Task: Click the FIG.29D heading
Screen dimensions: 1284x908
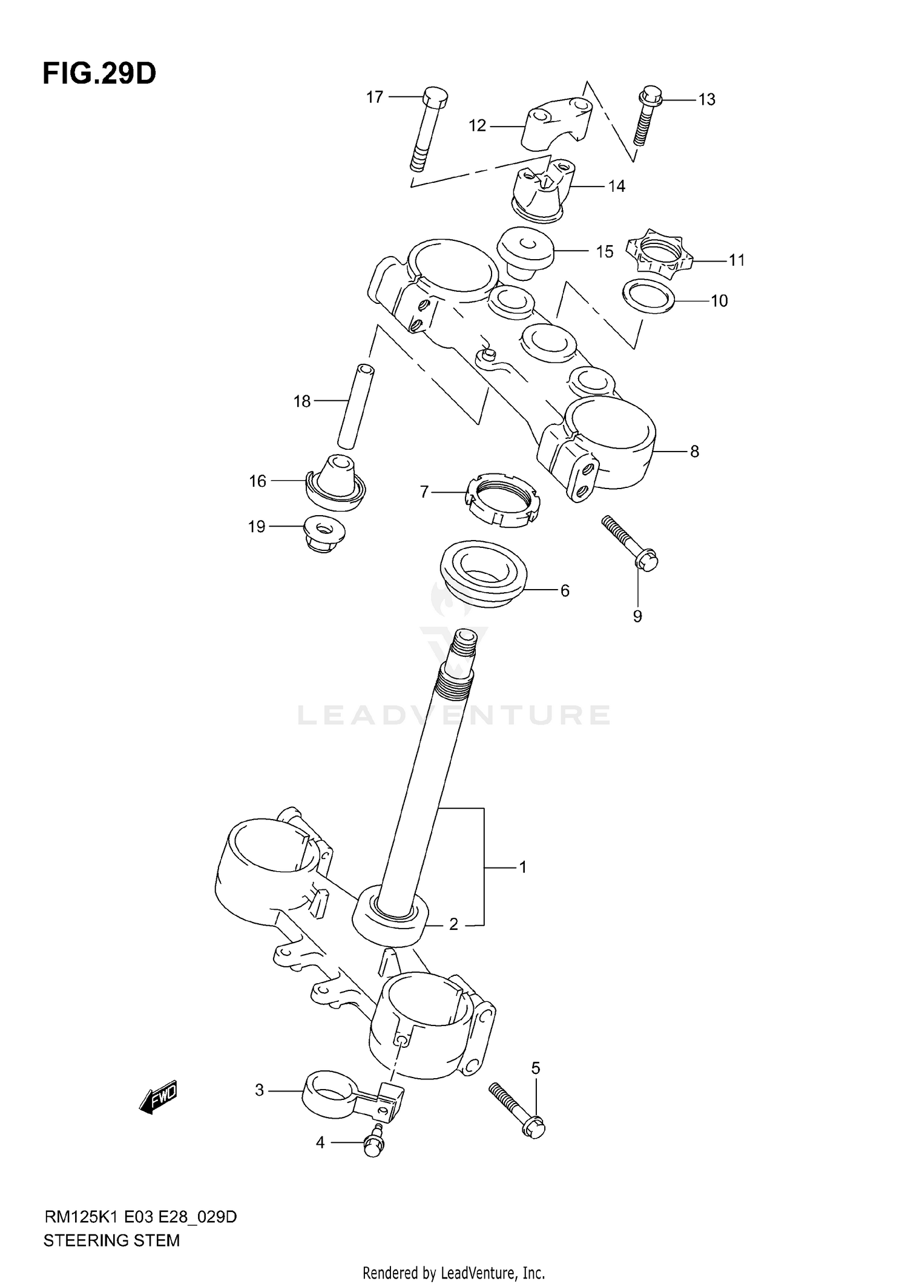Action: point(99,74)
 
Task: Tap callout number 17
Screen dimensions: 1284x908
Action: point(375,97)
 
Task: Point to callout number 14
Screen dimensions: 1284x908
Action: point(616,186)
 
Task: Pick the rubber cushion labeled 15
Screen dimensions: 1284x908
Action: point(525,252)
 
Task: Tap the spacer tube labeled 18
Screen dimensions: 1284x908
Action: point(354,406)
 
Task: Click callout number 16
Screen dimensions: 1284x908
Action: point(258,481)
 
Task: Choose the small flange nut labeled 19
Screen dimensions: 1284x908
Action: point(323,533)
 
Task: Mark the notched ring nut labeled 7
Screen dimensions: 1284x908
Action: point(502,501)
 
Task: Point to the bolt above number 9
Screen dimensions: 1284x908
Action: point(630,541)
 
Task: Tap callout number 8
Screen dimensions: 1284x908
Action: point(694,451)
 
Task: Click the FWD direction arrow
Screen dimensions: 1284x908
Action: point(158,1096)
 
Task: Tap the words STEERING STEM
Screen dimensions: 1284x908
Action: point(111,1240)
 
